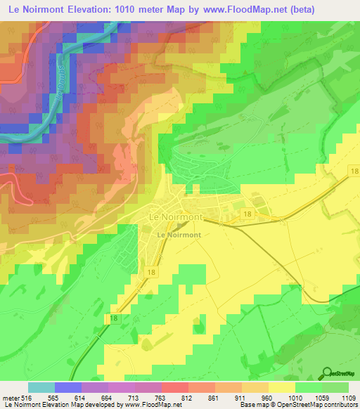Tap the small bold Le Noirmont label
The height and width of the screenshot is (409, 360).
pyautogui.click(x=179, y=235)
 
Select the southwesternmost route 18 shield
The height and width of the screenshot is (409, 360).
pyautogui.click(x=115, y=318)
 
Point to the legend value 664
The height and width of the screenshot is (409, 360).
pyautogui.click(x=100, y=398)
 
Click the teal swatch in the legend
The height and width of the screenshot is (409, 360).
pyautogui.click(x=41, y=387)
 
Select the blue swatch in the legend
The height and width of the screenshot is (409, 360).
pyautogui.click(x=67, y=387)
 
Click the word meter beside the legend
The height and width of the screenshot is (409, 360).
pyautogui.click(x=9, y=398)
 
